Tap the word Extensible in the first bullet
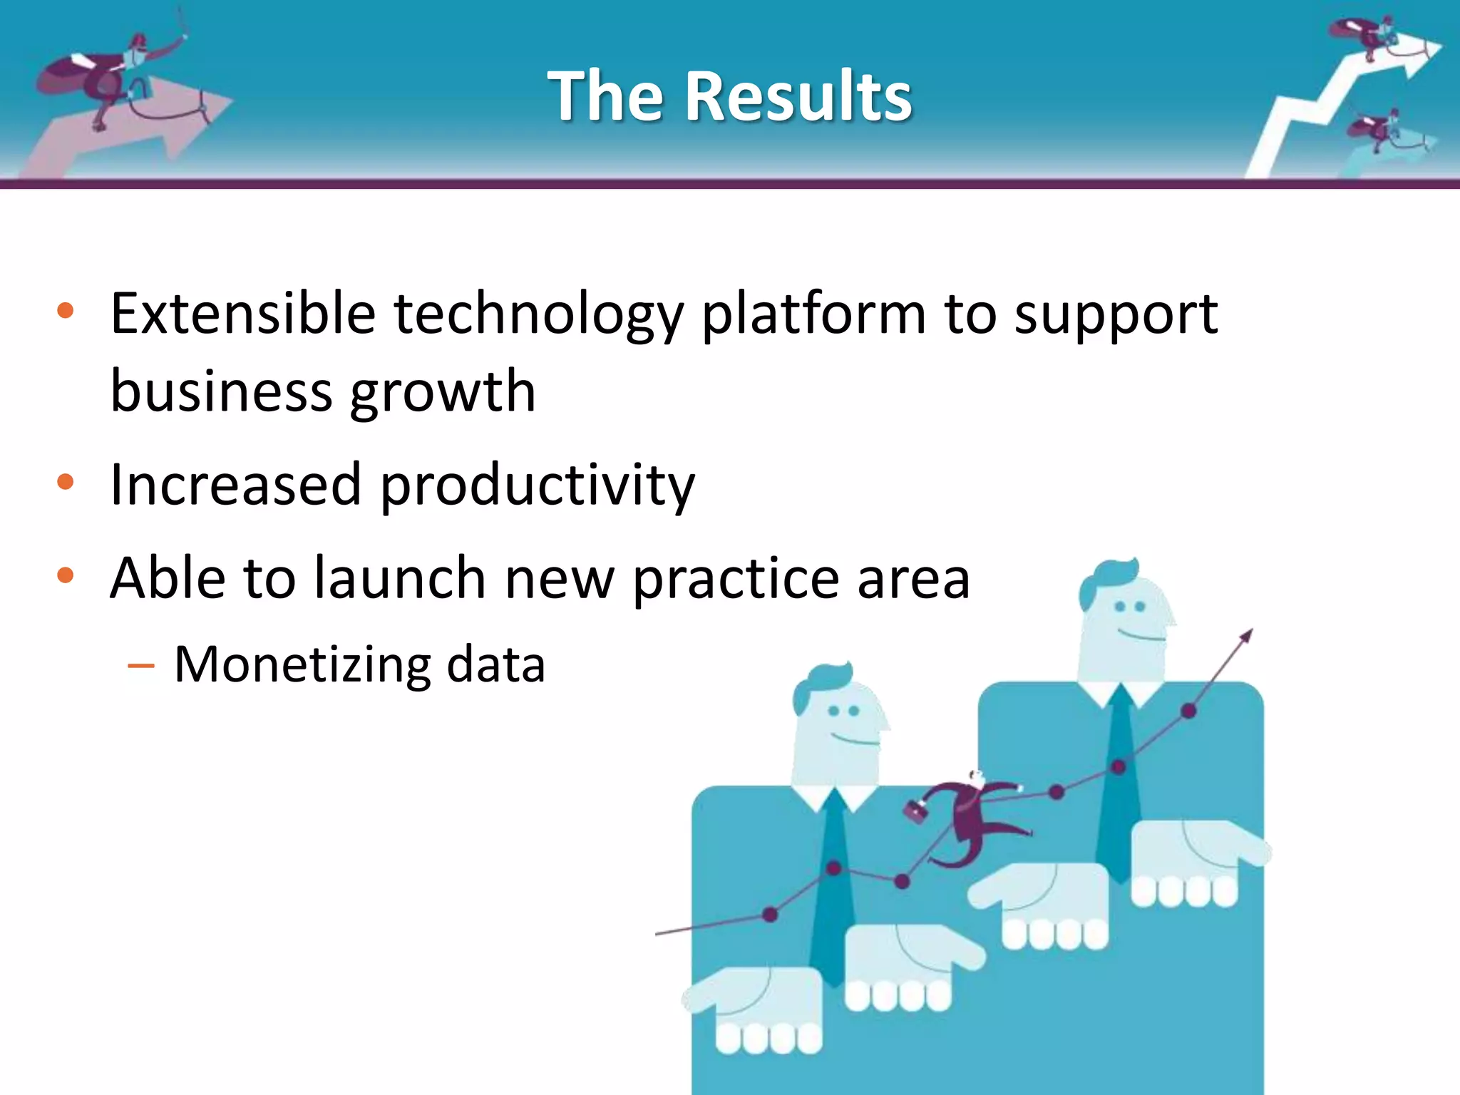pos(242,314)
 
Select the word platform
pos(813,315)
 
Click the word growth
pos(443,392)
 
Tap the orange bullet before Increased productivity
pos(66,483)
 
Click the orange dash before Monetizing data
pos(141,667)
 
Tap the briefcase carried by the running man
pos(915,811)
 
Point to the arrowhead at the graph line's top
pos(1245,635)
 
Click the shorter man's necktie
pos(832,891)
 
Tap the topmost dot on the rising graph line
pos(1188,711)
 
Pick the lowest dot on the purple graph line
pos(770,915)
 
